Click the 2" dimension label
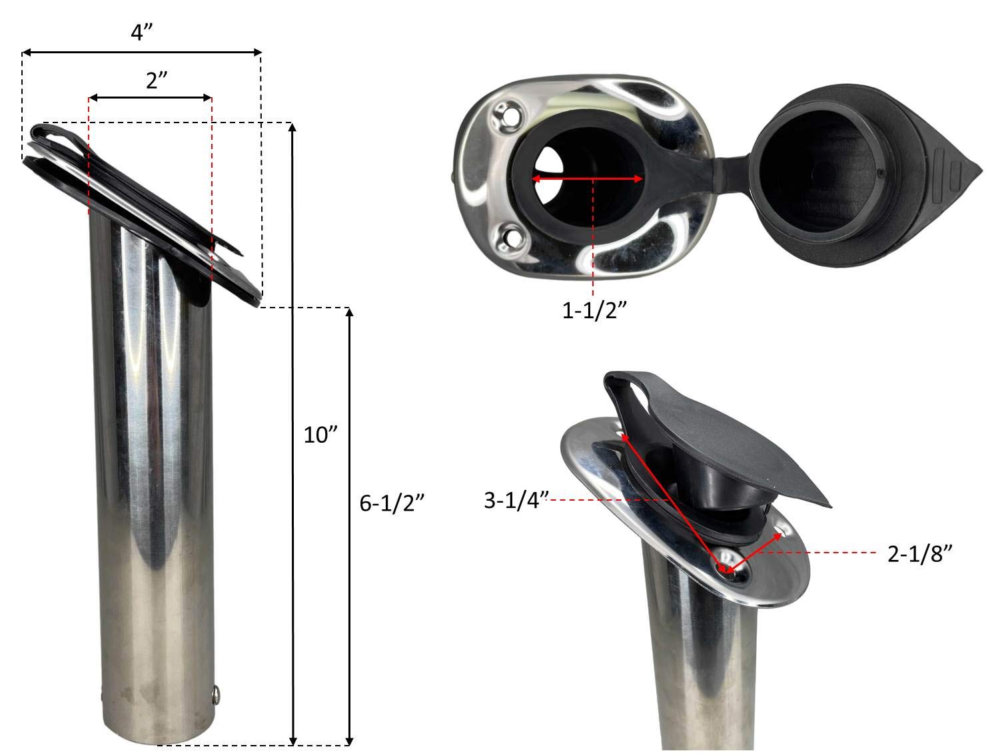click(x=155, y=81)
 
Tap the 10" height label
click(x=321, y=435)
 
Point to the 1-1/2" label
click(x=595, y=310)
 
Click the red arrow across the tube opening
click(x=587, y=178)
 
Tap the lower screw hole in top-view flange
click(x=512, y=236)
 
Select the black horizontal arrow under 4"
click(x=141, y=51)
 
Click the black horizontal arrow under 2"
click(x=150, y=98)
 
